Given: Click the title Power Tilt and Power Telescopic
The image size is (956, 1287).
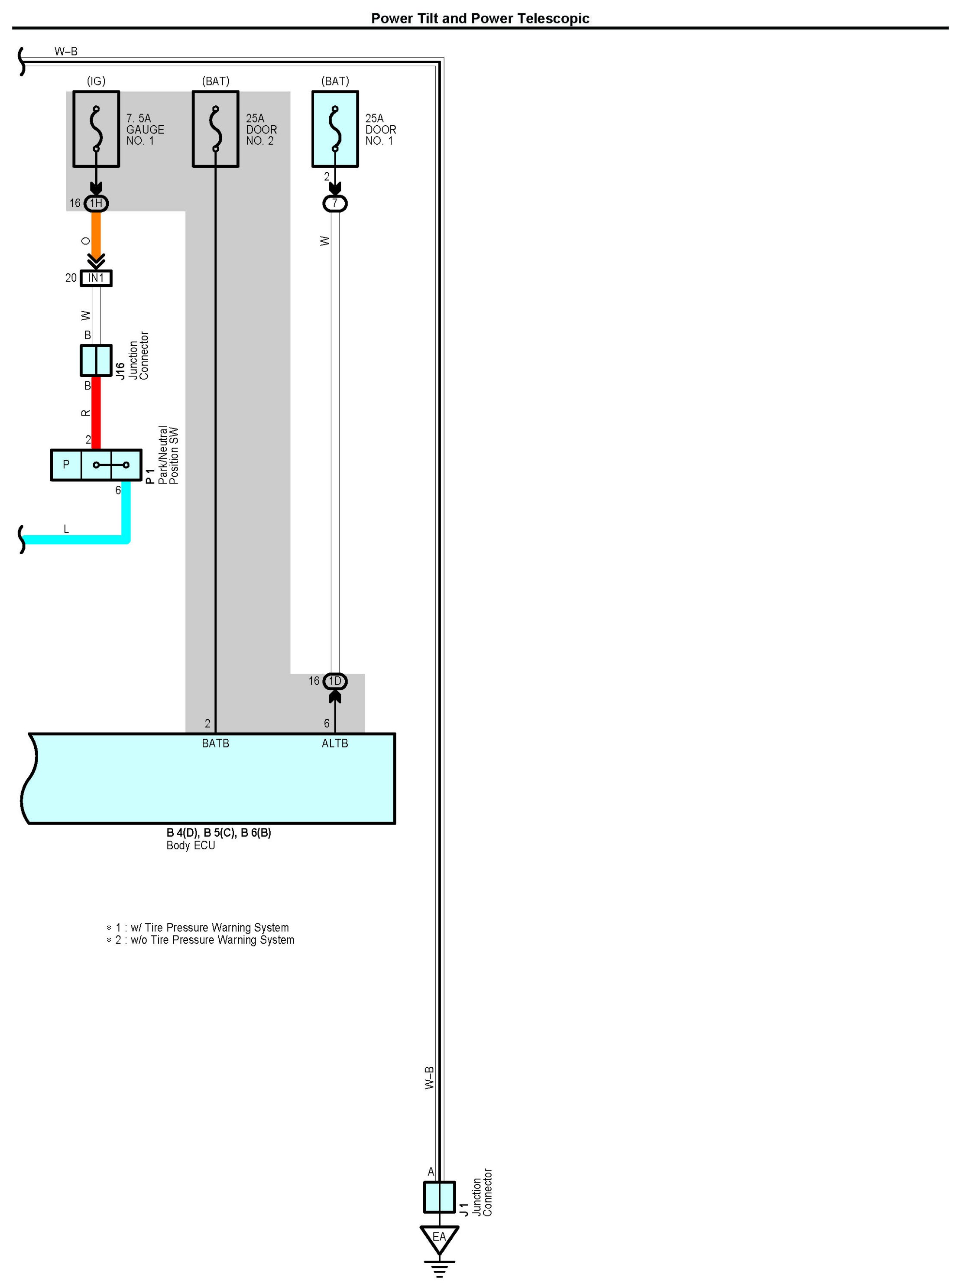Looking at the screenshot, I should [x=480, y=19].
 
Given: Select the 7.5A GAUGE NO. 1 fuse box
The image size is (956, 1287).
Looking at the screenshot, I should [x=96, y=129].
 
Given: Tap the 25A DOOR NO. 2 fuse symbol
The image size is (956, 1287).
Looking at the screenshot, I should [x=215, y=129].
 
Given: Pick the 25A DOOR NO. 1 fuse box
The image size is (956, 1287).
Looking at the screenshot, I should [x=335, y=129].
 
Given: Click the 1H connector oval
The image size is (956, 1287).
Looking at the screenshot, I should [x=96, y=203].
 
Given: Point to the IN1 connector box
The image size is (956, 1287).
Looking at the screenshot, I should [x=96, y=279].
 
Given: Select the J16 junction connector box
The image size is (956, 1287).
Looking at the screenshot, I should [x=96, y=361].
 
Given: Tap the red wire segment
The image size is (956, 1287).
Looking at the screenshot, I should [x=96, y=412].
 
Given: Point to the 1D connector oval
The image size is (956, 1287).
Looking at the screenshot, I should [x=335, y=682].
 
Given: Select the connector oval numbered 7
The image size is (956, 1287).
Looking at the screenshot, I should [x=335, y=204].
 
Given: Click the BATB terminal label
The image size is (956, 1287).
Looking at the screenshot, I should [x=215, y=743].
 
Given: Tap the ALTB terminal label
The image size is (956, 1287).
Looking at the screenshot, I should [x=335, y=743].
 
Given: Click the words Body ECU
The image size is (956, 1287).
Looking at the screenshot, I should [x=191, y=846].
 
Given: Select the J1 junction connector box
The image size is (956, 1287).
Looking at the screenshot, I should [x=439, y=1197].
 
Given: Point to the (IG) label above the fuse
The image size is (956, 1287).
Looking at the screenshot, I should [x=96, y=81].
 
